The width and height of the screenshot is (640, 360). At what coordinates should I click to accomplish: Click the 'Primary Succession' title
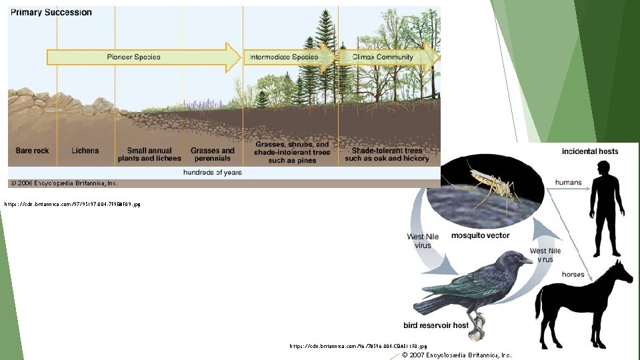click(50, 12)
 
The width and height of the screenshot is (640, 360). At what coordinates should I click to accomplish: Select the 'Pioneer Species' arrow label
click(133, 57)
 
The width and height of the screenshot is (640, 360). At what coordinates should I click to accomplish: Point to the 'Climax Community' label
click(377, 57)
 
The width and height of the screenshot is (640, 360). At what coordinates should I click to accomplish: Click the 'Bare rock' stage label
click(32, 151)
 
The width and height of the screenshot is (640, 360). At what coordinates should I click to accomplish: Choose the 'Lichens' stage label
click(85, 151)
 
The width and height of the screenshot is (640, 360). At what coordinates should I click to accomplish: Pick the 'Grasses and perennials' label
click(213, 155)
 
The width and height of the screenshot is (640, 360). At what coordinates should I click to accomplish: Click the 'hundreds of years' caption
click(213, 172)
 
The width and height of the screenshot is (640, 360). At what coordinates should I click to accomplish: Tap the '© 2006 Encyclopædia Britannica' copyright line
click(63, 183)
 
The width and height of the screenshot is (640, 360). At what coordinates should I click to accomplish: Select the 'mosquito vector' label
click(480, 235)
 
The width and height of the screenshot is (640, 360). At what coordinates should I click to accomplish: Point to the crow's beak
click(527, 260)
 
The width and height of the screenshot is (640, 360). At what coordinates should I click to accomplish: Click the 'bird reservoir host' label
click(436, 326)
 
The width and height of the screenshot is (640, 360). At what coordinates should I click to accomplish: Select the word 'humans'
click(568, 182)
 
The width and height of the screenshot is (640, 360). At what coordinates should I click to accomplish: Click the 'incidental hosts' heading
click(590, 151)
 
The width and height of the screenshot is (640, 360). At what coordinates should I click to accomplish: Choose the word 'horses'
click(573, 274)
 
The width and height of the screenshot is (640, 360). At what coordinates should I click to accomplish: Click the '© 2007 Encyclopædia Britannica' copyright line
click(457, 355)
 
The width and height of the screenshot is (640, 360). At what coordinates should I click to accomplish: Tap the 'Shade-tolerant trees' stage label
click(387, 155)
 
